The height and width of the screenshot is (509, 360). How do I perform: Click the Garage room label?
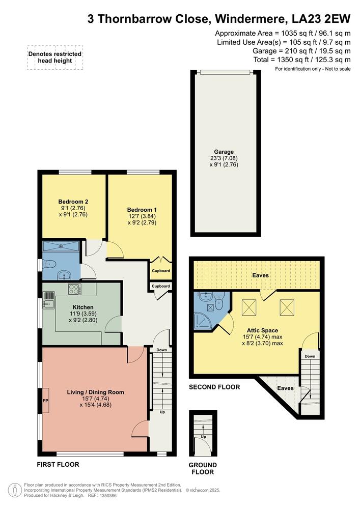point(224,152)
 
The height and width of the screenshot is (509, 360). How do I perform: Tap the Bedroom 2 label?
point(73,202)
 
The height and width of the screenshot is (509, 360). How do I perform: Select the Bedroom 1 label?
point(142,210)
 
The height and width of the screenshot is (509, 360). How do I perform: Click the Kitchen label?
point(83,307)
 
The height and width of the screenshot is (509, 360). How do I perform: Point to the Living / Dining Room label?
point(95,392)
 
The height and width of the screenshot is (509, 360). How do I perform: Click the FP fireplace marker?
point(45,401)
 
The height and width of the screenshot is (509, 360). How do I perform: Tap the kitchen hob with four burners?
point(75,289)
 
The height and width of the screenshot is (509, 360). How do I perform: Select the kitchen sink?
point(49,301)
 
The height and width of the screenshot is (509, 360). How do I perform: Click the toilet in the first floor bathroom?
point(50,265)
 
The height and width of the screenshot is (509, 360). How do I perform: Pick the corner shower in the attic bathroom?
point(202,321)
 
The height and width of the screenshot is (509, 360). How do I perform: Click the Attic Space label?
point(263,330)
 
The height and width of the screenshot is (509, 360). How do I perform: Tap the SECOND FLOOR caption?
point(214,387)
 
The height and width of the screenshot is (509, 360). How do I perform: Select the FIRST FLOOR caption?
point(58,465)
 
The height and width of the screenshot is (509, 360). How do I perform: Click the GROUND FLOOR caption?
point(203,468)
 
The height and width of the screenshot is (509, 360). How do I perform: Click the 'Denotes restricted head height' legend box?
point(55,58)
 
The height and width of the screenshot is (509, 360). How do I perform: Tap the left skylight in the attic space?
point(249,307)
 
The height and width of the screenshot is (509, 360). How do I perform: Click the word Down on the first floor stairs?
point(161,350)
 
